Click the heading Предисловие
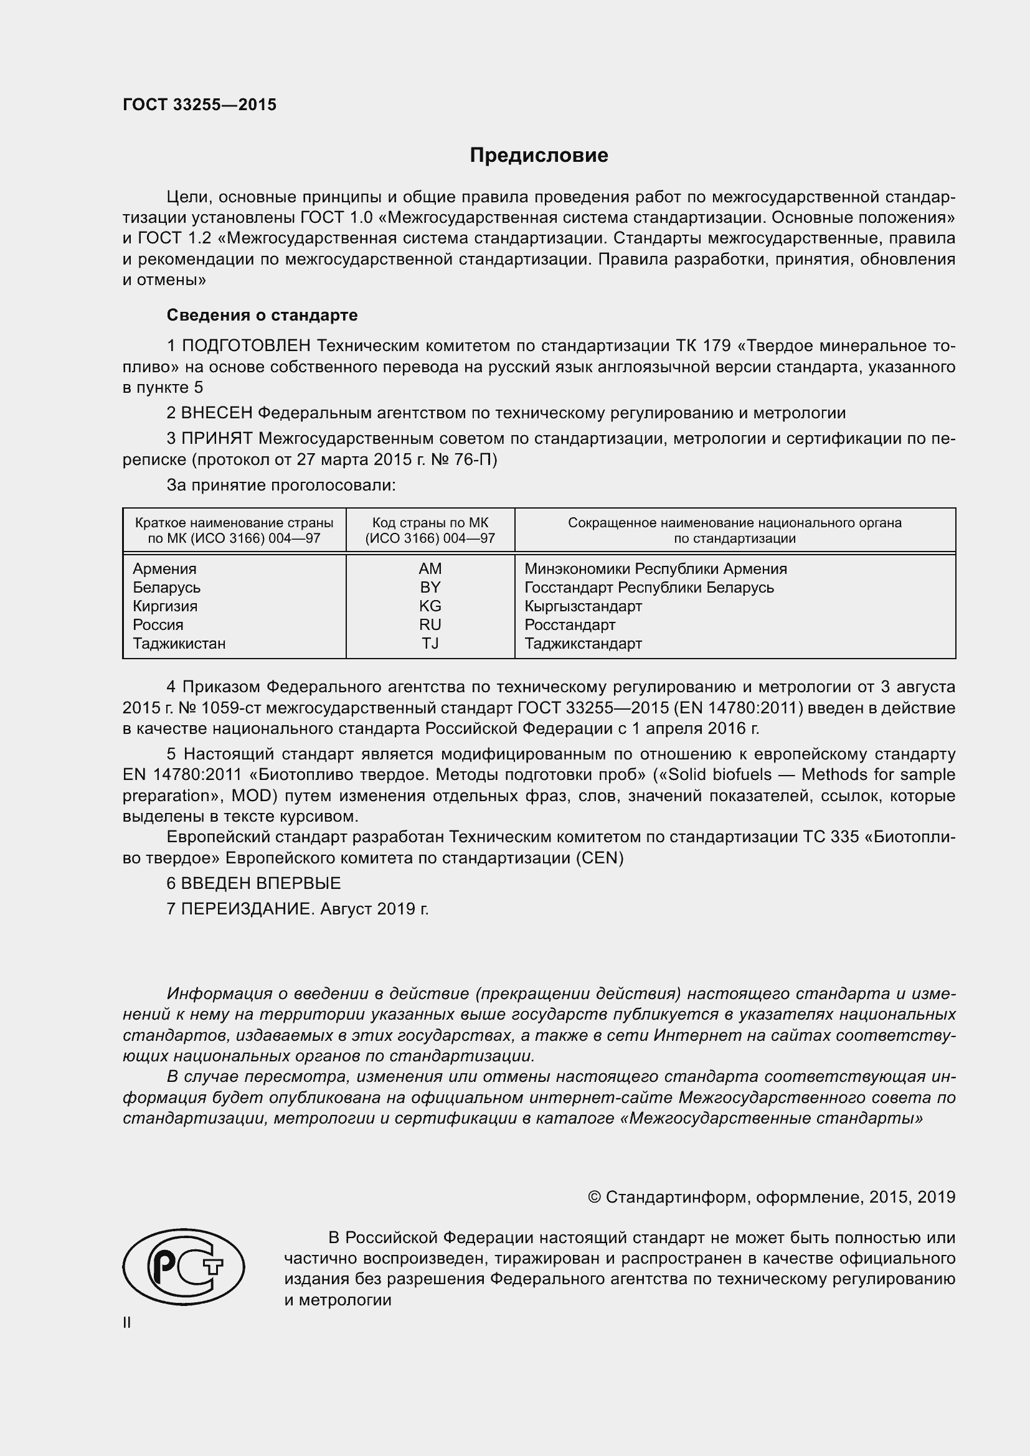[539, 156]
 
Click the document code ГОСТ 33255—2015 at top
[200, 105]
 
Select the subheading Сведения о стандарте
[262, 315]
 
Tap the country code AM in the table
[430, 569]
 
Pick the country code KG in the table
[430, 606]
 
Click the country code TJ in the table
[430, 643]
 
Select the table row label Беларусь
[166, 587]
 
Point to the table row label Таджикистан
[179, 643]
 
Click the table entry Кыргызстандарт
[583, 606]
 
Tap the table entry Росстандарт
[570, 624]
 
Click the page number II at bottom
[127, 1323]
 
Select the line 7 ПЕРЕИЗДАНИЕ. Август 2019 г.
[298, 909]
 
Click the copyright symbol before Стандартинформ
[594, 1197]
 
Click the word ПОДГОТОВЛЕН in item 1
[246, 345]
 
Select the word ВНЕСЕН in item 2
[217, 413]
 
